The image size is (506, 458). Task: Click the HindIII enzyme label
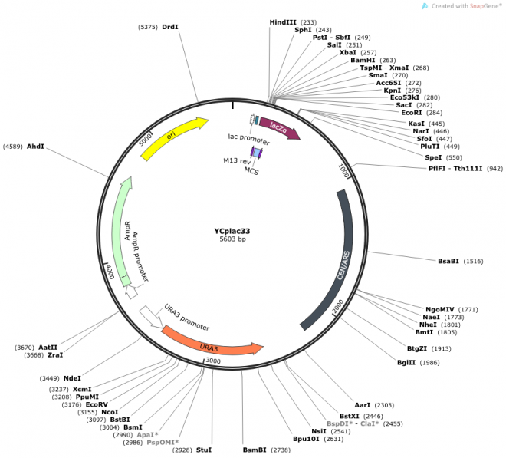click(x=282, y=22)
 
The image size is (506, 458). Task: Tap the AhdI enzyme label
click(x=35, y=146)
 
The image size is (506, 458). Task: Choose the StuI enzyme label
click(x=203, y=450)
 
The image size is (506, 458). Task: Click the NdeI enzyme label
click(x=72, y=377)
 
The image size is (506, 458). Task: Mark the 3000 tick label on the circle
click(x=212, y=360)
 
